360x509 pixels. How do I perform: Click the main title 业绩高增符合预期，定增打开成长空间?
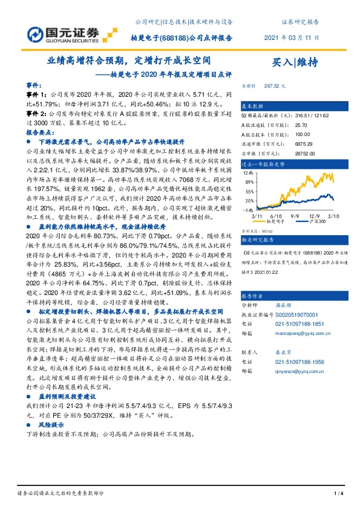129,61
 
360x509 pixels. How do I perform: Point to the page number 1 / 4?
339,494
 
